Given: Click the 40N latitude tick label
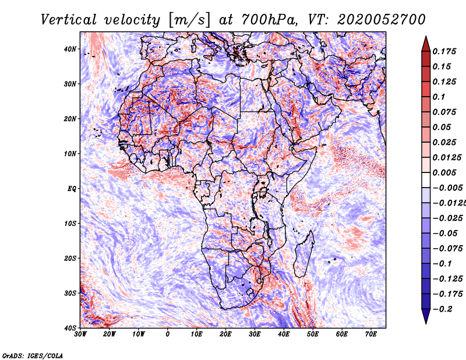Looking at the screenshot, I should [70, 49].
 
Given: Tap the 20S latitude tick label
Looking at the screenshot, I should [70, 258].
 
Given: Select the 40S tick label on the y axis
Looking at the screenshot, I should [70, 328].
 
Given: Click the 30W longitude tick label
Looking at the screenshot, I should [80, 334].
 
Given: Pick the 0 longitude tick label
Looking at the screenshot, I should [168, 334].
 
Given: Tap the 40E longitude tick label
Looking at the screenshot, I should [284, 334].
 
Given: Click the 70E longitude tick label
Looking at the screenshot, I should [371, 334].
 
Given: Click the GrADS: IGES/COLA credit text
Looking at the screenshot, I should [33, 355].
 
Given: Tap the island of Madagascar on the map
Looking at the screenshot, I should [304, 253].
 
